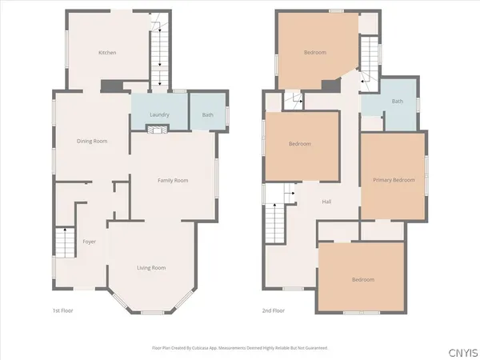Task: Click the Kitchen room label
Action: (x=107, y=53)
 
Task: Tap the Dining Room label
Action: (x=92, y=141)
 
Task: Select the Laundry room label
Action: (x=160, y=115)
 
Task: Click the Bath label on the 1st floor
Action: (x=207, y=115)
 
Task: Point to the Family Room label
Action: (x=171, y=181)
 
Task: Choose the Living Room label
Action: (x=151, y=267)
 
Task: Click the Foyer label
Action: (x=90, y=241)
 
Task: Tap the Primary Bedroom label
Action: (x=394, y=180)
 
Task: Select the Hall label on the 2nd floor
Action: (x=326, y=202)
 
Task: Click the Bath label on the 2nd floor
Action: (x=397, y=102)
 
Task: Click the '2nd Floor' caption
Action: (x=274, y=310)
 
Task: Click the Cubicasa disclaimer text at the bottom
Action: (x=239, y=348)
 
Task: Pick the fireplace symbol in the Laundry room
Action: (x=160, y=128)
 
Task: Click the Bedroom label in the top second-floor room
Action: (x=314, y=53)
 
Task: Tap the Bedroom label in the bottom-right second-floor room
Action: (x=364, y=279)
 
